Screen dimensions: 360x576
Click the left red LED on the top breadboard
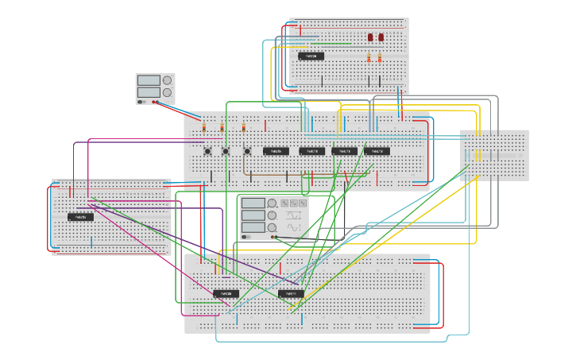(370, 37)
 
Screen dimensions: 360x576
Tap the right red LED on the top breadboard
(381, 37)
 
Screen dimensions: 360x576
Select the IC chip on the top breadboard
(311, 56)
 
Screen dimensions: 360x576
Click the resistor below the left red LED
(369, 58)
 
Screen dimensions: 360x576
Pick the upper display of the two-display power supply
(148, 80)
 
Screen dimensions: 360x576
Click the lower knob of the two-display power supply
(167, 93)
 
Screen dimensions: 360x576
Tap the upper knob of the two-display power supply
(167, 80)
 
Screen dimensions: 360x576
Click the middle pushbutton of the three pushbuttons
(226, 151)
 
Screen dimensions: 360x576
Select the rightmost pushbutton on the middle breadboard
(246, 151)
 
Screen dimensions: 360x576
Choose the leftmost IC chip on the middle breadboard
(276, 151)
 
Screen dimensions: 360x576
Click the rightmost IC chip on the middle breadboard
(377, 151)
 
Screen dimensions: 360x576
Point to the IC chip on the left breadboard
(80, 217)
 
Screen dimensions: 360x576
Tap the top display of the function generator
(253, 203)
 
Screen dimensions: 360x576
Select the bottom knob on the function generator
(273, 227)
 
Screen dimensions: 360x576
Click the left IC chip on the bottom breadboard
(226, 294)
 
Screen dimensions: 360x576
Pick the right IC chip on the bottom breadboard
(291, 294)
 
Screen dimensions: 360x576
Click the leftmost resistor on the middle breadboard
(204, 127)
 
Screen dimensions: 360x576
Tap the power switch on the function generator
(246, 237)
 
